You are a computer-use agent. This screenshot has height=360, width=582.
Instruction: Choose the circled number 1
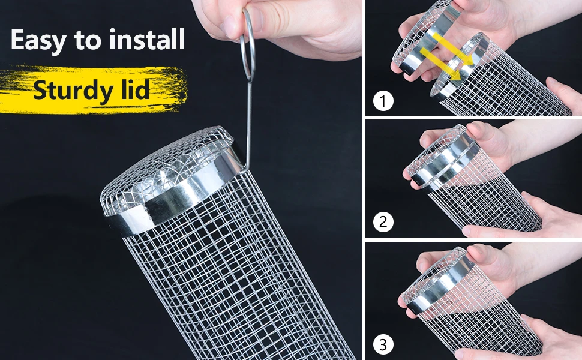pos(383,101)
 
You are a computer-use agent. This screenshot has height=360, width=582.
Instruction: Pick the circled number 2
pos(383,222)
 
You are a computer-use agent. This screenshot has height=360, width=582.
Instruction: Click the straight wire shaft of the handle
pos(248,114)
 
